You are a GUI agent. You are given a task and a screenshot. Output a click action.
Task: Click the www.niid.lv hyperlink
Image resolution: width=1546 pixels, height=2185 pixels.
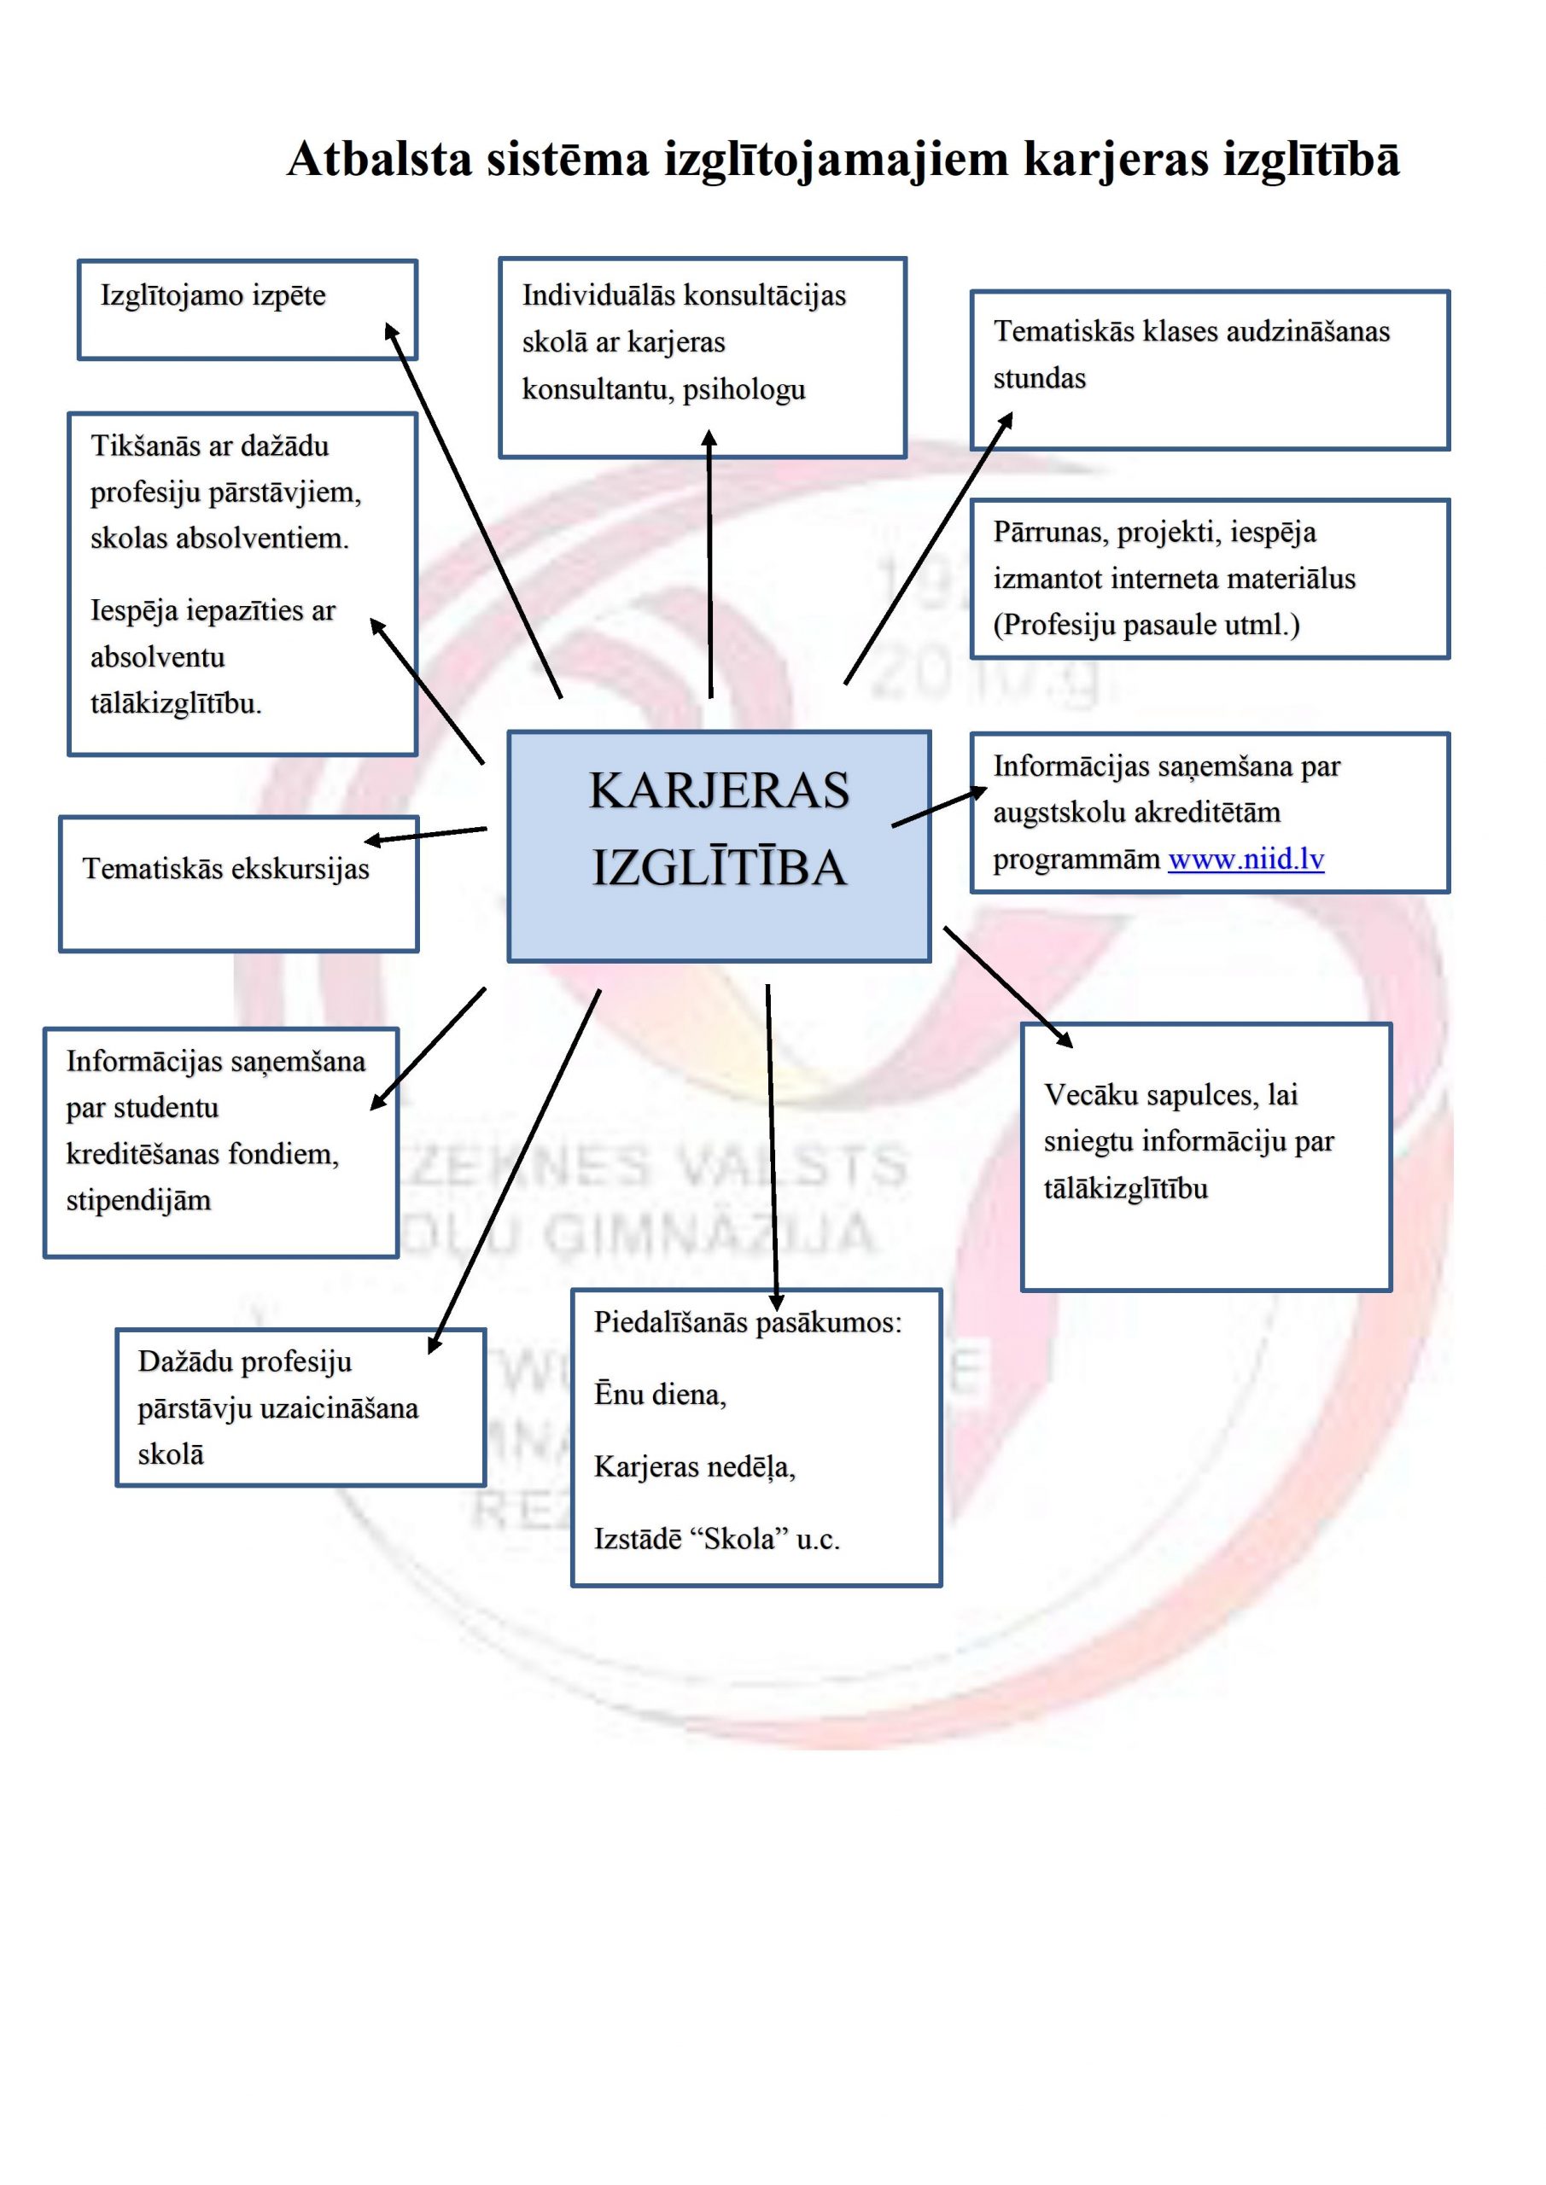1246,859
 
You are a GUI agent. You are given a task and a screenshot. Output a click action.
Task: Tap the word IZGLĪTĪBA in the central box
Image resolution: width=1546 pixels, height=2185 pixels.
719,868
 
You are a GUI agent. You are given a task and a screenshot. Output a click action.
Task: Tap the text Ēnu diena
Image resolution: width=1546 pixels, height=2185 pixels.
660,1393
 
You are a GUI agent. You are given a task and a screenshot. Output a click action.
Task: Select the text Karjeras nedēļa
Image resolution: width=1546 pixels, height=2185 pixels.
695,1466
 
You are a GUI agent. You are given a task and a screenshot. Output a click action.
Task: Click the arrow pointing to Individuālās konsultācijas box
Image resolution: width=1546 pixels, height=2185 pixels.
709,563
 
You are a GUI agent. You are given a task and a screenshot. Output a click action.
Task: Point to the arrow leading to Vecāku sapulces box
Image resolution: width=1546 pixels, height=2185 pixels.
1008,987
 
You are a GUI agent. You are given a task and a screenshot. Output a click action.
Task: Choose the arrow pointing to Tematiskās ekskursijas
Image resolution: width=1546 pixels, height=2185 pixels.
425,835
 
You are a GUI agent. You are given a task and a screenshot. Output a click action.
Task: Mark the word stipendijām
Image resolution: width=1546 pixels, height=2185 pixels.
138,1201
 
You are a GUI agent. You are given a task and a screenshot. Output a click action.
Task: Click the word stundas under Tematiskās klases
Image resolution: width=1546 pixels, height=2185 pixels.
1040,379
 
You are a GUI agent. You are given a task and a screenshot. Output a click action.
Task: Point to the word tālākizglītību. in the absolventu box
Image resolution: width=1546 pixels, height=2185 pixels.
176,703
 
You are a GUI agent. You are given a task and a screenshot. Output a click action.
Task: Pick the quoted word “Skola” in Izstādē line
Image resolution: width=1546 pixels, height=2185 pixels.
739,1539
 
